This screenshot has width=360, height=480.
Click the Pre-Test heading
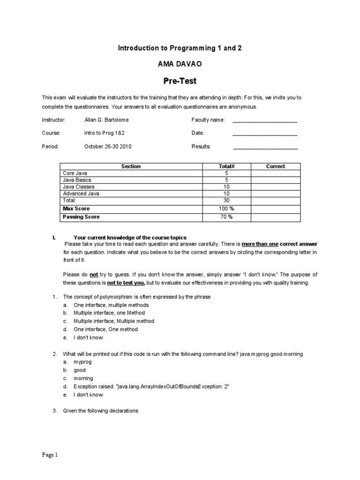click(x=180, y=81)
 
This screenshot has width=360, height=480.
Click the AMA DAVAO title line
click(x=180, y=64)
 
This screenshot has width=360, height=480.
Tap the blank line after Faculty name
click(x=265, y=120)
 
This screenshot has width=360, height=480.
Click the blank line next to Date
click(x=265, y=134)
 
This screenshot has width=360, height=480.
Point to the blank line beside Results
click(x=265, y=147)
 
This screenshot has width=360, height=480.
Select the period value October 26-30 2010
click(x=108, y=146)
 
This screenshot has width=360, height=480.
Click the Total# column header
click(x=226, y=166)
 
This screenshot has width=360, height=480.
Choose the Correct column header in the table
click(x=276, y=166)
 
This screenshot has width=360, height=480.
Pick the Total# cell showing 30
click(x=226, y=200)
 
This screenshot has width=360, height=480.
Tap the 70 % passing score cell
click(x=226, y=217)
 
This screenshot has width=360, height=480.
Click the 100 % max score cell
click(x=226, y=209)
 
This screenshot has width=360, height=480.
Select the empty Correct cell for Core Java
click(x=276, y=173)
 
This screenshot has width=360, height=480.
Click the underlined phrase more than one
click(x=260, y=244)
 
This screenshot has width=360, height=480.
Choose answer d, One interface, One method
click(x=105, y=330)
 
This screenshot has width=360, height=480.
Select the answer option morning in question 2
click(x=83, y=378)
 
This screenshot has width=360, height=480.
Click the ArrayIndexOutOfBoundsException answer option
click(x=151, y=387)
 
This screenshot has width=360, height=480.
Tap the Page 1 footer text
click(x=50, y=455)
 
